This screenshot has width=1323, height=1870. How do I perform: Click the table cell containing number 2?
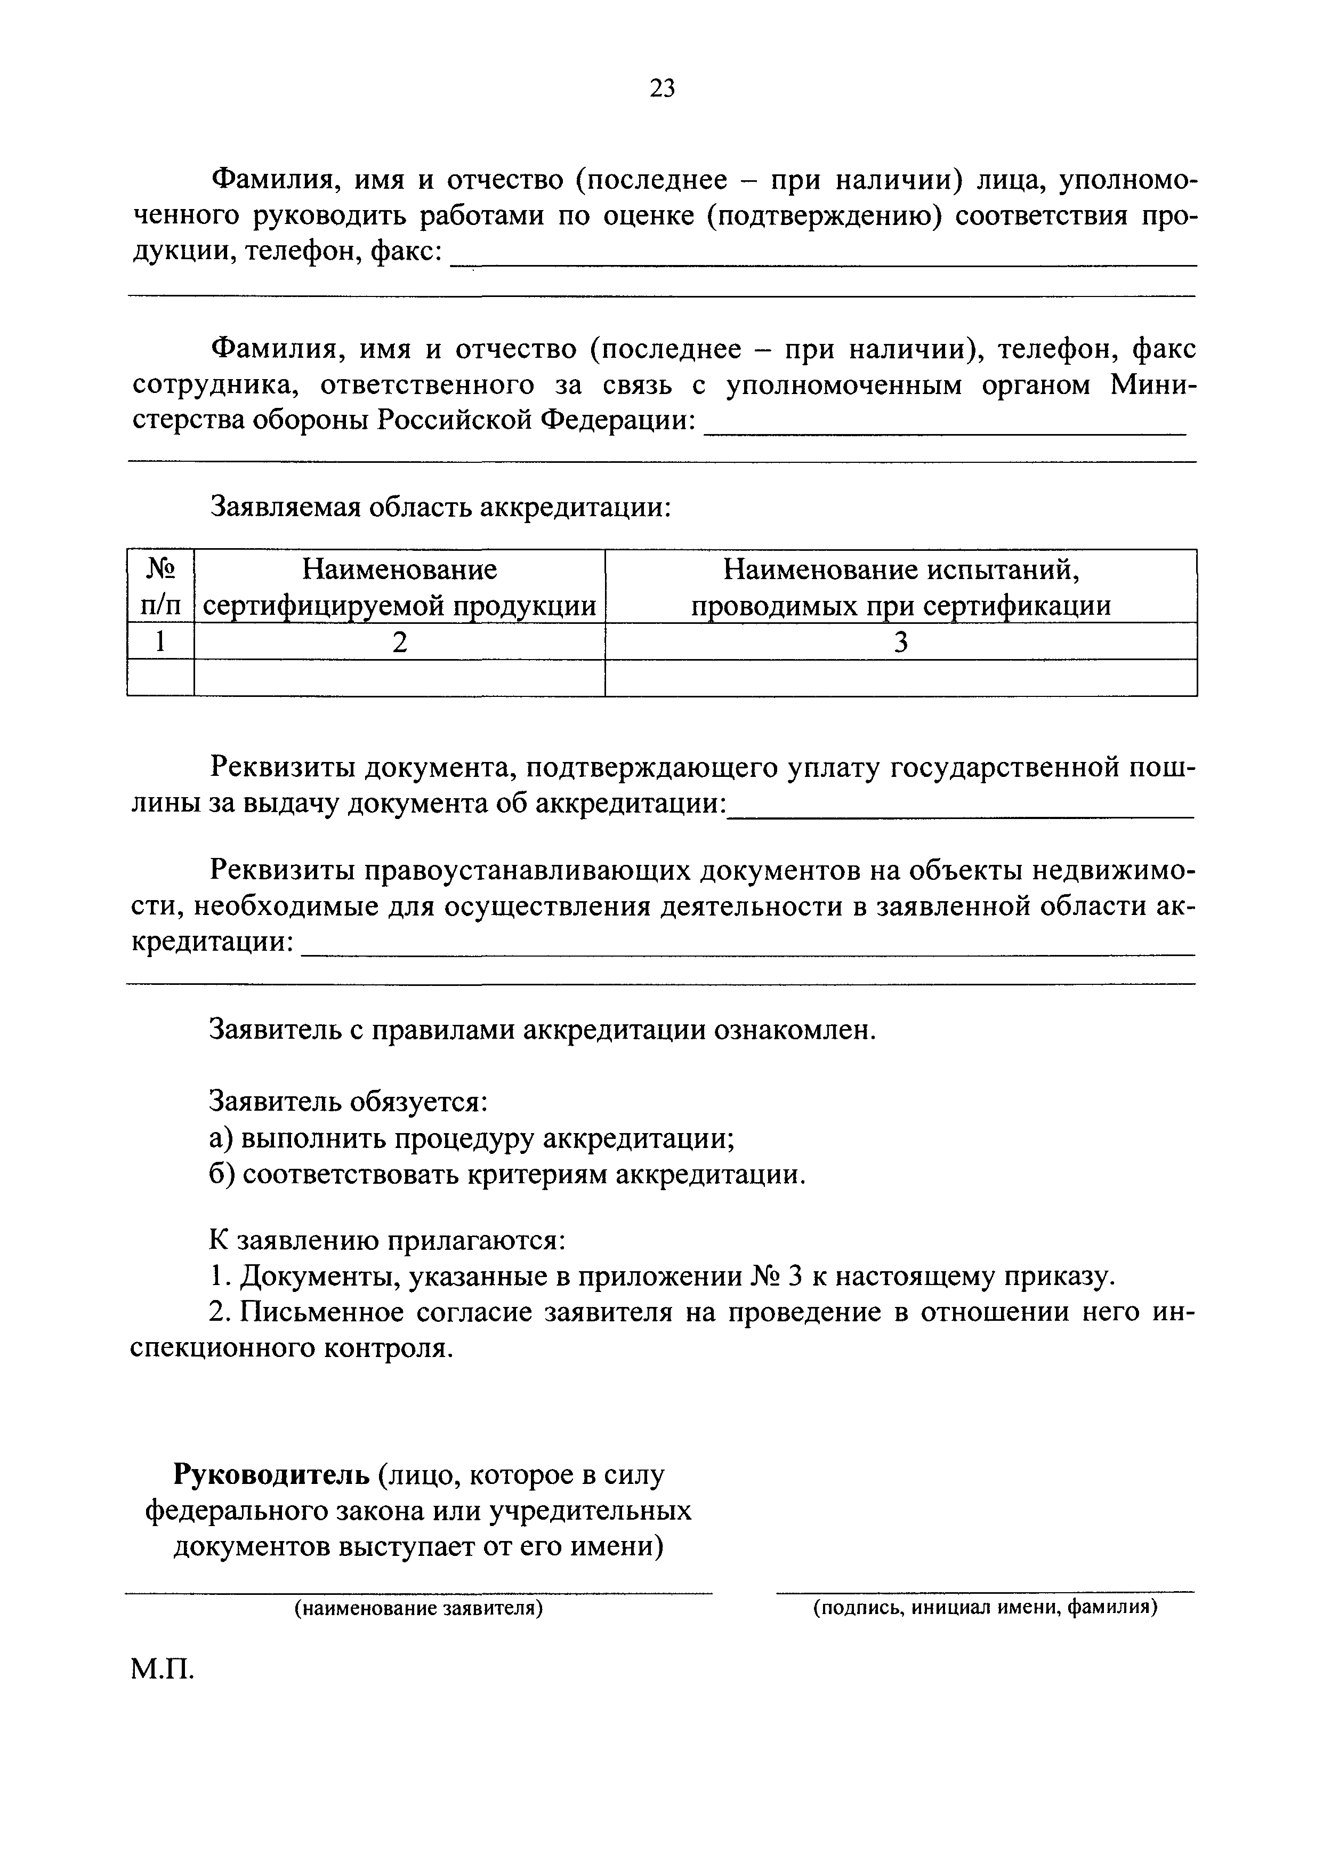(x=399, y=642)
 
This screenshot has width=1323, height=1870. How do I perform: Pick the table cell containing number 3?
(x=900, y=642)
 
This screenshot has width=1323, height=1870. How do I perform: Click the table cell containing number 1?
(x=160, y=642)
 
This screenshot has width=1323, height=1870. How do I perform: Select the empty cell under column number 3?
(x=900, y=677)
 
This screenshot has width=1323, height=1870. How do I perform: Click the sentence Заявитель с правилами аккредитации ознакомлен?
(x=543, y=1030)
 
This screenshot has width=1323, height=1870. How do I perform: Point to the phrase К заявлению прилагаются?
(x=387, y=1240)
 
